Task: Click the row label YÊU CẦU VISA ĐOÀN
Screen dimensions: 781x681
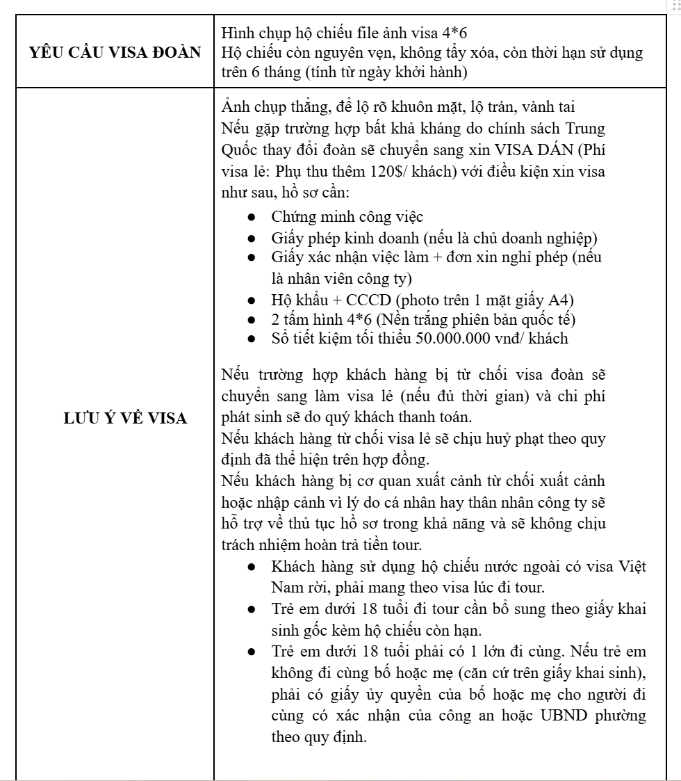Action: (x=112, y=52)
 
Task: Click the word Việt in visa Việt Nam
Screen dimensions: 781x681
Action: (x=631, y=566)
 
